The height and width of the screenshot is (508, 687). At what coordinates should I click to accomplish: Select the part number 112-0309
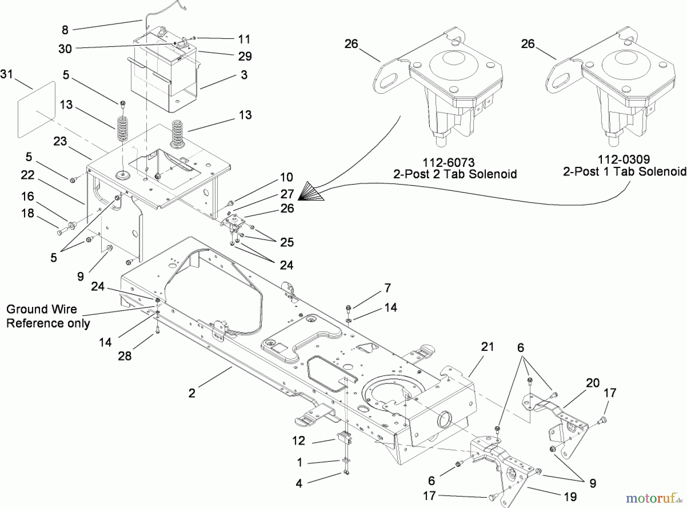point(624,159)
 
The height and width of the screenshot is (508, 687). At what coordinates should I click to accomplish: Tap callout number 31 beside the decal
point(6,74)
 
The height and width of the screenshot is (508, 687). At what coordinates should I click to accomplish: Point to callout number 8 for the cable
point(65,29)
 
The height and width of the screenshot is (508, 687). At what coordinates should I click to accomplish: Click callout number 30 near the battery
point(65,49)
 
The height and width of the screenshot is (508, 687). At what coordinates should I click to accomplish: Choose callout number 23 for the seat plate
point(60,141)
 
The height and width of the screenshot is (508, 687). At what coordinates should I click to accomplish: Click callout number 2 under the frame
point(192,393)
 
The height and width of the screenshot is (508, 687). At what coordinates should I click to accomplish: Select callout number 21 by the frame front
point(487,347)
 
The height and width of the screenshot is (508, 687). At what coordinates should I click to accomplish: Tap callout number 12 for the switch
point(298,441)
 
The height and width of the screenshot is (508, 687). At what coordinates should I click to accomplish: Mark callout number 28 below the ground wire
point(124,356)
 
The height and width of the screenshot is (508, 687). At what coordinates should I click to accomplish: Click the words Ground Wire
point(42,309)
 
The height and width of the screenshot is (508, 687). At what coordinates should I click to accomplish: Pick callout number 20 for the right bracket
point(592,383)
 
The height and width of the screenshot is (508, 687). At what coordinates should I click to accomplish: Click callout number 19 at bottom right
point(570,497)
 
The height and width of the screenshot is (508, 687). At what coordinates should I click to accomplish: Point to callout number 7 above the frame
point(387,288)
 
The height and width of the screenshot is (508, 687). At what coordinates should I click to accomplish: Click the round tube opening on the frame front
point(445,420)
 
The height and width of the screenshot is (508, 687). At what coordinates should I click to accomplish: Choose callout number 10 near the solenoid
point(286,177)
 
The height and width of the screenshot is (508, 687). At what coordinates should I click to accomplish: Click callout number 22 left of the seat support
point(27,175)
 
